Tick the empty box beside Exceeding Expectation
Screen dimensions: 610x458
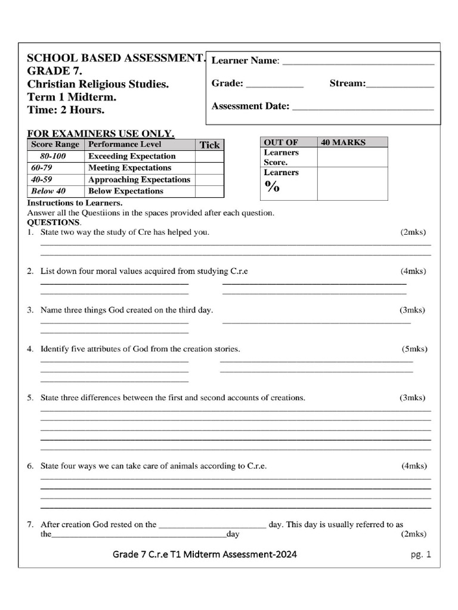(x=209, y=156)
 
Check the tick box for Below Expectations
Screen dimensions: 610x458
(x=209, y=191)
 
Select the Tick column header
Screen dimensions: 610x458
(x=209, y=145)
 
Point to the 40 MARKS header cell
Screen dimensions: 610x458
(x=352, y=142)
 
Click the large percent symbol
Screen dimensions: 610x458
(x=273, y=186)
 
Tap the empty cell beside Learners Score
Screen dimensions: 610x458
(x=352, y=157)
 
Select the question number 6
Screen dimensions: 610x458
(x=30, y=466)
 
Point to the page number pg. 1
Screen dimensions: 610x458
(x=420, y=555)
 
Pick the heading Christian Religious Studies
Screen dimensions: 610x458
(x=98, y=85)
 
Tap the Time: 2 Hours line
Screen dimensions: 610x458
(x=66, y=110)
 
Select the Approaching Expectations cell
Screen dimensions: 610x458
(x=139, y=179)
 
